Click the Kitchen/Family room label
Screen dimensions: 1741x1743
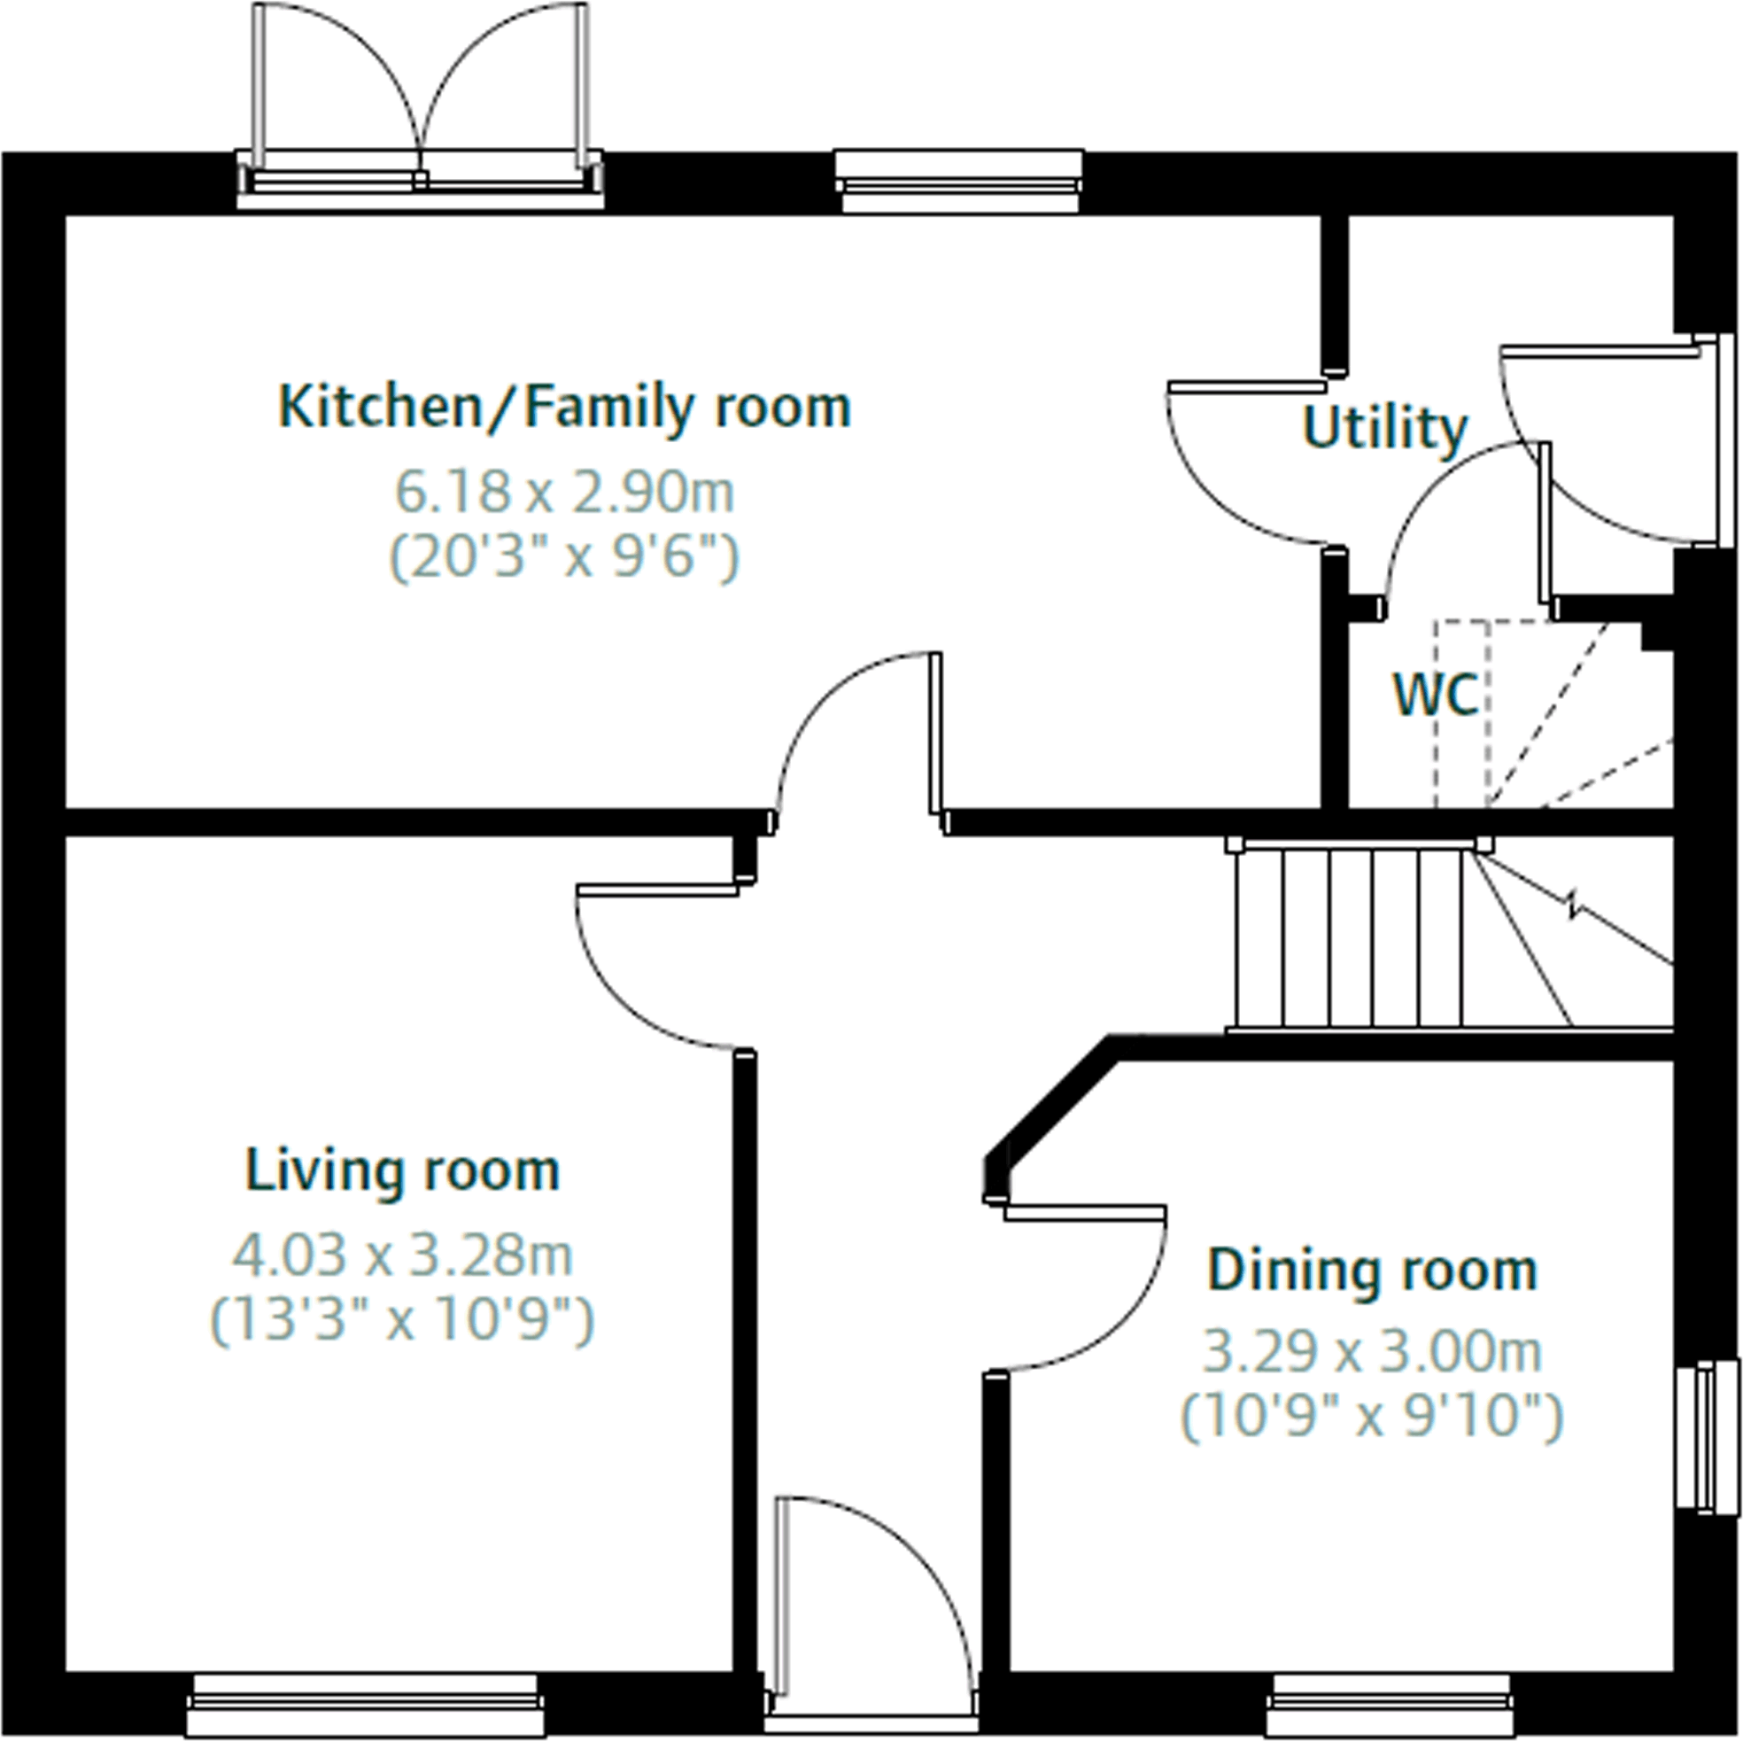(x=565, y=408)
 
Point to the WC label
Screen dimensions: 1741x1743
(x=1437, y=695)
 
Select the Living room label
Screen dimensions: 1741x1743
(x=402, y=1171)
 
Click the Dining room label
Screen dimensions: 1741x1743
(x=1372, y=1271)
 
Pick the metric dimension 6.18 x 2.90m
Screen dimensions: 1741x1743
(x=565, y=493)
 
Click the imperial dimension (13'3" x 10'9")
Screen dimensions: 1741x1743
(x=402, y=1319)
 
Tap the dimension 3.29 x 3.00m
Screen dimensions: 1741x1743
(x=1372, y=1352)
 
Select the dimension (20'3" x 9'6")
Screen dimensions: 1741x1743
(x=565, y=558)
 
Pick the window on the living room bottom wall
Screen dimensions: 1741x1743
(x=366, y=1701)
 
